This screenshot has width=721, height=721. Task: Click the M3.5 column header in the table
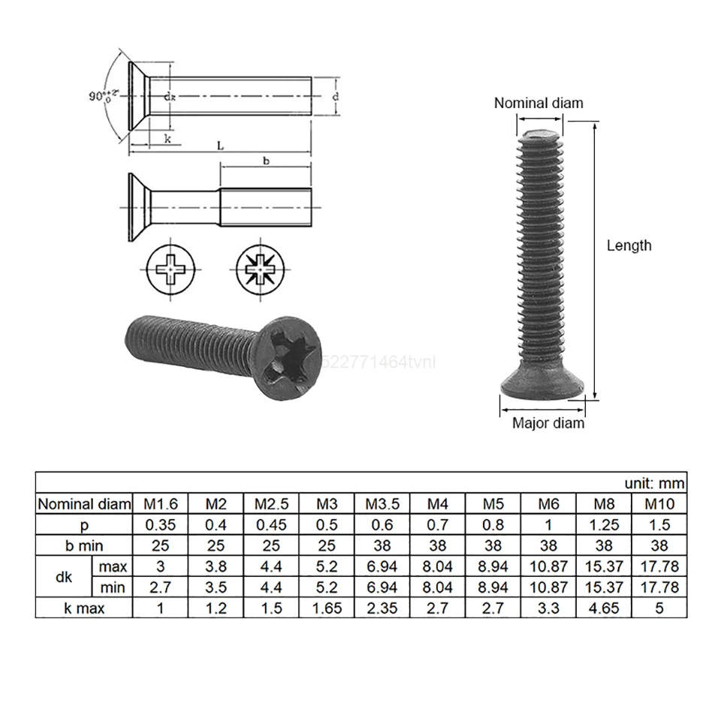(x=382, y=504)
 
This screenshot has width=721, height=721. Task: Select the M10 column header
(x=659, y=504)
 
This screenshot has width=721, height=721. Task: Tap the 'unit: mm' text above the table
(x=654, y=483)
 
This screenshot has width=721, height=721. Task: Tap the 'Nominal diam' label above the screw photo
(x=538, y=104)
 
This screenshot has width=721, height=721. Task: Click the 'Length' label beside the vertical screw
(x=629, y=246)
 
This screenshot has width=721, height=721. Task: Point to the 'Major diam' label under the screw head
(x=548, y=423)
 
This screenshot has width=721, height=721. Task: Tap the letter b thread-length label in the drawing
(x=265, y=161)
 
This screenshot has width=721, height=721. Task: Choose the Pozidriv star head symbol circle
(x=259, y=268)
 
